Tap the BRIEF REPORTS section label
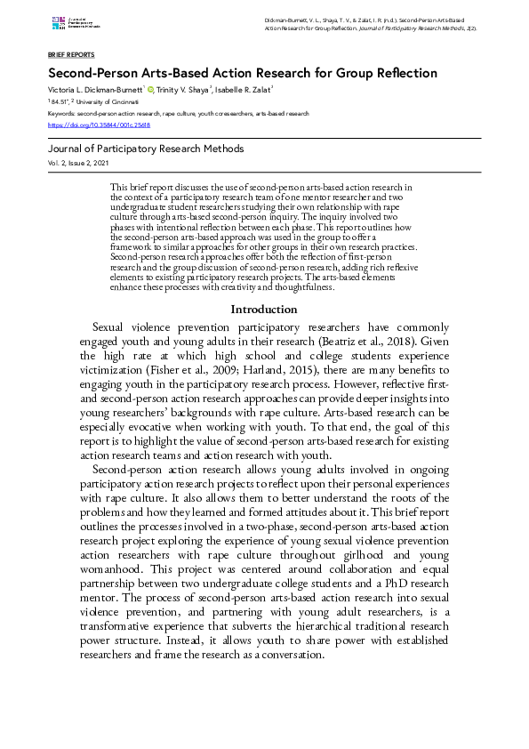[x=70, y=54]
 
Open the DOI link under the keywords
[x=99, y=125]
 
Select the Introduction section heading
[x=264, y=310]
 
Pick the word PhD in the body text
[x=384, y=582]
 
